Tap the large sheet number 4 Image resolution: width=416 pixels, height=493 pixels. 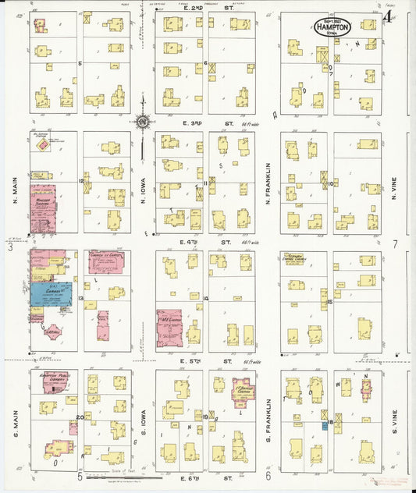[x=388, y=16]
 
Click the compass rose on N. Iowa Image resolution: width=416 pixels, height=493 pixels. [x=143, y=121]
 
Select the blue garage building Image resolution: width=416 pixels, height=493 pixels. [x=51, y=293]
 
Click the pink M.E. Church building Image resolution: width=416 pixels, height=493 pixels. [x=169, y=328]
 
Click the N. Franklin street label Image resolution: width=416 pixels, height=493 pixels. [x=267, y=183]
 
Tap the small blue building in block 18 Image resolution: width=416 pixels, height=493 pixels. [x=324, y=426]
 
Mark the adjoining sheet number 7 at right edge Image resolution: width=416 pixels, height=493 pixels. [x=395, y=244]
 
